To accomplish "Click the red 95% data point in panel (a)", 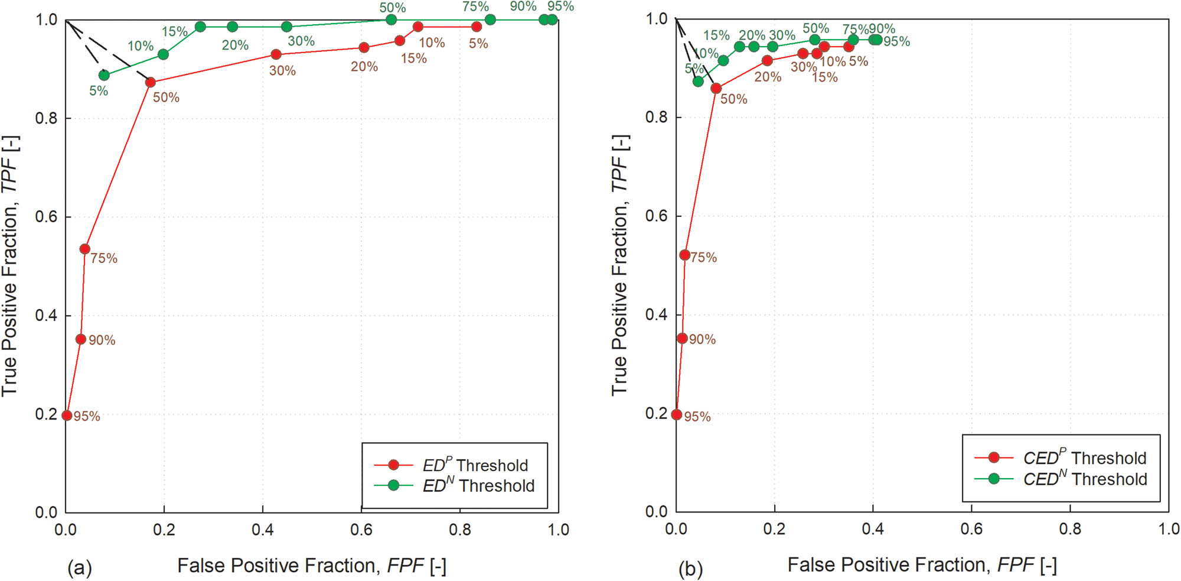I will click(x=67, y=416).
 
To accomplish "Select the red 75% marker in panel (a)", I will click(x=84, y=249).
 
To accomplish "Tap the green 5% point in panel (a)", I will click(x=104, y=75).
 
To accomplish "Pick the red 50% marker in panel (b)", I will click(x=716, y=88).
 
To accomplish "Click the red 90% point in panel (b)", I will click(x=682, y=338).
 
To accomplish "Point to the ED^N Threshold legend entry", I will click(x=478, y=485).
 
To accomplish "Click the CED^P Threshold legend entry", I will click(x=1084, y=457).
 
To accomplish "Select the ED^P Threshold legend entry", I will click(x=475, y=465).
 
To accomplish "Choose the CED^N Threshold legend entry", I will click(x=1084, y=478).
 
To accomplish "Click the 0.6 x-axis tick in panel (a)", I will click(x=361, y=529).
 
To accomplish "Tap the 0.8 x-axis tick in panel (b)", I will click(x=1070, y=528).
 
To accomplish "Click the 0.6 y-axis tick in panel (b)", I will click(x=656, y=216).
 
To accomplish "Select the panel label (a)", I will click(x=80, y=568).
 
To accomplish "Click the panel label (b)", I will click(x=690, y=569).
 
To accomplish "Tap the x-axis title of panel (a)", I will click(x=312, y=566).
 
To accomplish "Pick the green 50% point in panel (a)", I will click(x=391, y=20).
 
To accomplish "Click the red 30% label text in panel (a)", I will click(x=282, y=71).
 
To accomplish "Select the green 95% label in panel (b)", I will click(x=896, y=41).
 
